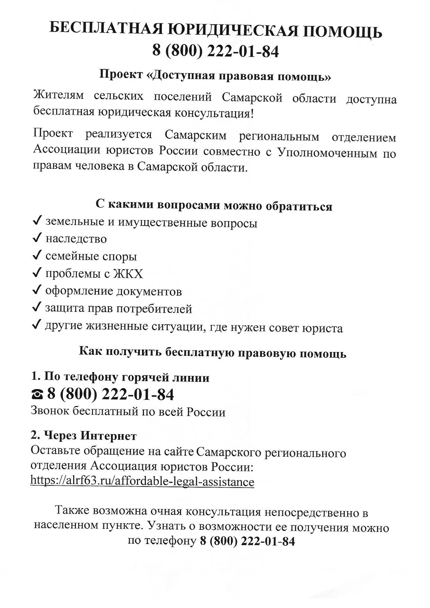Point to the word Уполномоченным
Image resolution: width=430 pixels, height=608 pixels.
coord(327,153)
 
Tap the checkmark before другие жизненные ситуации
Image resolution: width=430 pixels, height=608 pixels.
coord(37,325)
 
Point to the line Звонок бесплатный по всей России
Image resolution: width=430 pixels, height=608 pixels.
coord(128,412)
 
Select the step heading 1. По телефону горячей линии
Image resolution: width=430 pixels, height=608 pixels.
coord(120,377)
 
